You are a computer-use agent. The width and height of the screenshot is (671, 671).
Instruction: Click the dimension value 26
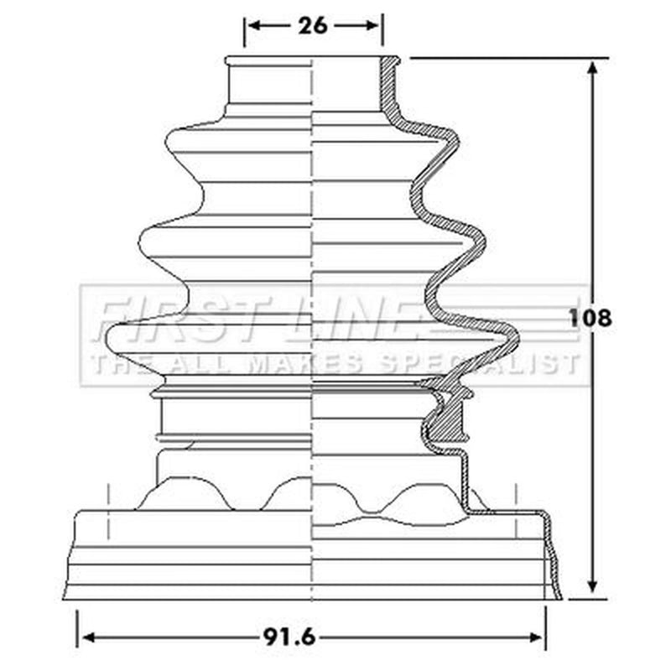click(x=313, y=26)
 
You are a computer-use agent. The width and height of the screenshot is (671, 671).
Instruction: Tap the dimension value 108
click(x=590, y=318)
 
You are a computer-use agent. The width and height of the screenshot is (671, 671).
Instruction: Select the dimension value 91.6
click(x=289, y=638)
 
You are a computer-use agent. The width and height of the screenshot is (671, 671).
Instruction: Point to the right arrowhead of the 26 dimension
click(x=372, y=26)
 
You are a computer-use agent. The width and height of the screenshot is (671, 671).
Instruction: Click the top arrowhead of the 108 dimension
click(x=593, y=69)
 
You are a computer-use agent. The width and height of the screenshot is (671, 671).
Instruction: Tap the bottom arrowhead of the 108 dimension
click(x=593, y=585)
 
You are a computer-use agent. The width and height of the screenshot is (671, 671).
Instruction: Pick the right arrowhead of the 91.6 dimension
click(x=535, y=638)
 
